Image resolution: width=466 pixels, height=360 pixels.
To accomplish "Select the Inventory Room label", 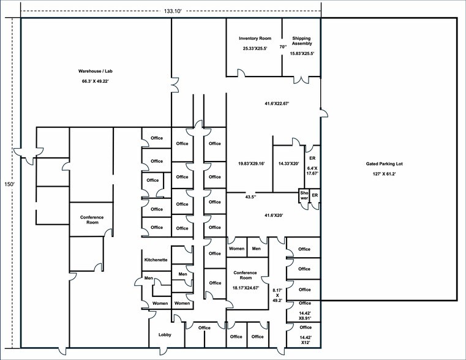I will (255, 39).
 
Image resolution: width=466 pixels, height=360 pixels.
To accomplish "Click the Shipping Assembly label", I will (302, 41).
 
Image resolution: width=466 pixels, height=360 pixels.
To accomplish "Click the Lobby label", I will (165, 335).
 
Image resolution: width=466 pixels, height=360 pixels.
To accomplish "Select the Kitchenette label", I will (156, 260).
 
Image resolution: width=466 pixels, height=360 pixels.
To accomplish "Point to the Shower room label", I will (304, 195).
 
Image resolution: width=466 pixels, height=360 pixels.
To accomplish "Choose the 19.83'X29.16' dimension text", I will (251, 163).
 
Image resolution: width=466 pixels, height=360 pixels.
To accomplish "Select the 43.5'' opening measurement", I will (250, 197).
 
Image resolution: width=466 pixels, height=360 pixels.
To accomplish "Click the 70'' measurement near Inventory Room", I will (283, 47).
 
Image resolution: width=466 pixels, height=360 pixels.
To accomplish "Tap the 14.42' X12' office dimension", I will (305, 341).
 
